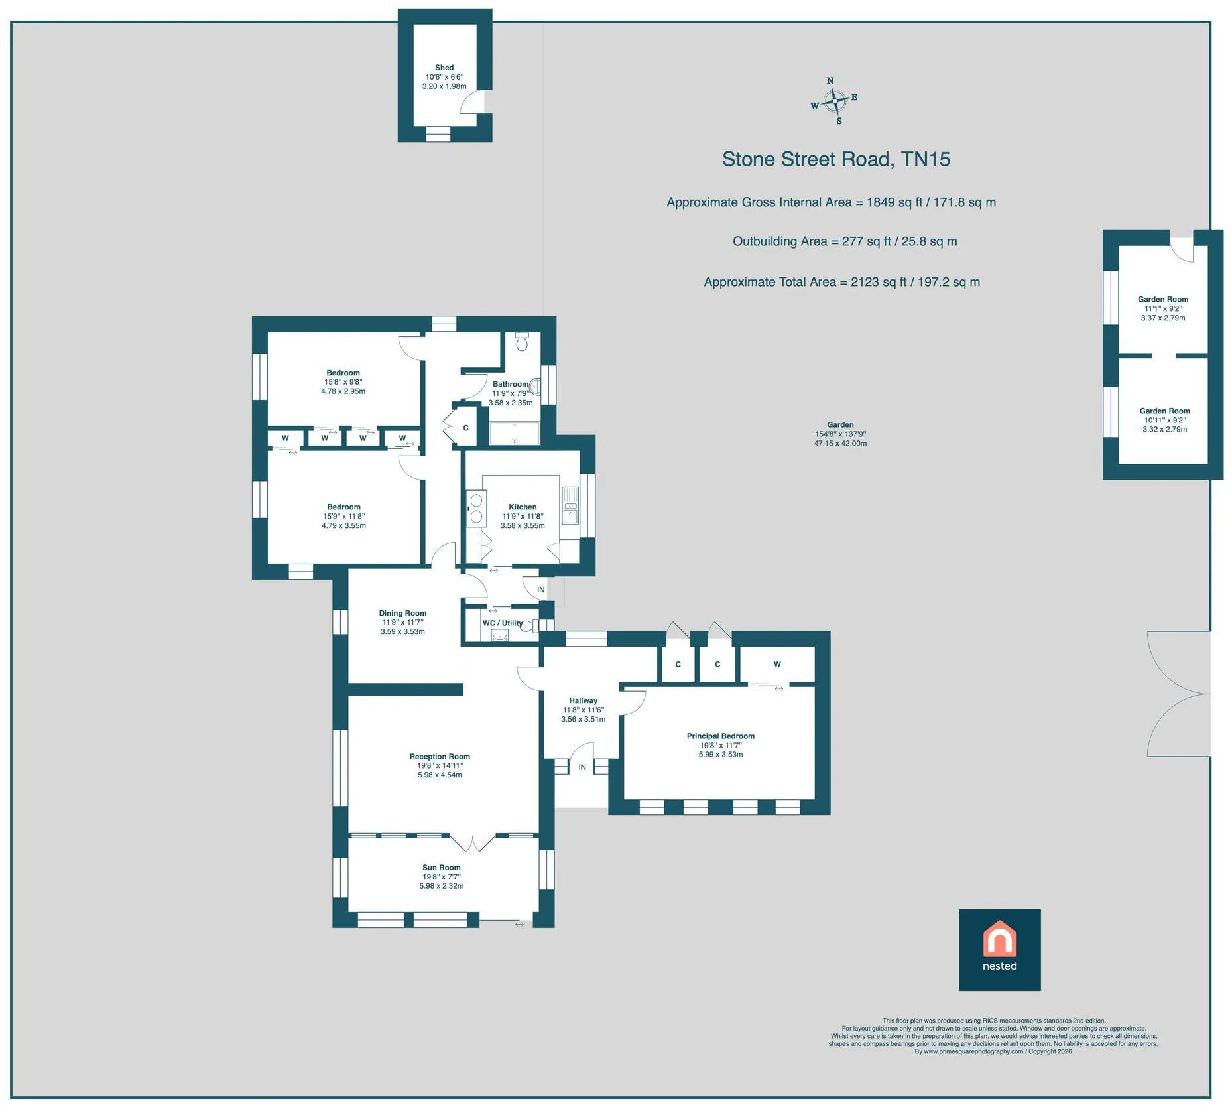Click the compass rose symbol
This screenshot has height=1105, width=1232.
[x=834, y=101]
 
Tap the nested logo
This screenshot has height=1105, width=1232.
[x=999, y=950]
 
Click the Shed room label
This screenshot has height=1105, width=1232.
[x=444, y=68]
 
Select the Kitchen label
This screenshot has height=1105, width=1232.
[x=523, y=507]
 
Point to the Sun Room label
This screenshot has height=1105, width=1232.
[x=441, y=868]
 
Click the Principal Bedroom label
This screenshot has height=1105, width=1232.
[x=721, y=736]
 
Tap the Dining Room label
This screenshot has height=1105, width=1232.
[x=402, y=614]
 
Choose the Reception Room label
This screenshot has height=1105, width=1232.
[x=440, y=757]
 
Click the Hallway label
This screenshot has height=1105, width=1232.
[x=584, y=701]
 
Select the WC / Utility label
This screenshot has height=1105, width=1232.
[x=502, y=623]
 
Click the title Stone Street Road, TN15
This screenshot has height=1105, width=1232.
[x=836, y=159]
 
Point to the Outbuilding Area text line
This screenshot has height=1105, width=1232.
[x=845, y=241]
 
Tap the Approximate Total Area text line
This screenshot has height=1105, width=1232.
[x=842, y=282]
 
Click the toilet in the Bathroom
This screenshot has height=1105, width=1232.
[x=522, y=341]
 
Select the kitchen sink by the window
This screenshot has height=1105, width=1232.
[x=570, y=505]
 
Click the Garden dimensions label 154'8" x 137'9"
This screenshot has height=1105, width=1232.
[x=840, y=434]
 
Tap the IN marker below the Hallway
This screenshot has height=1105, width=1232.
[x=582, y=767]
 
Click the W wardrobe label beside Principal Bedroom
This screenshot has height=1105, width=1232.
[x=777, y=664]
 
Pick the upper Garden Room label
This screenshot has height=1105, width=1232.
[x=1163, y=300]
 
